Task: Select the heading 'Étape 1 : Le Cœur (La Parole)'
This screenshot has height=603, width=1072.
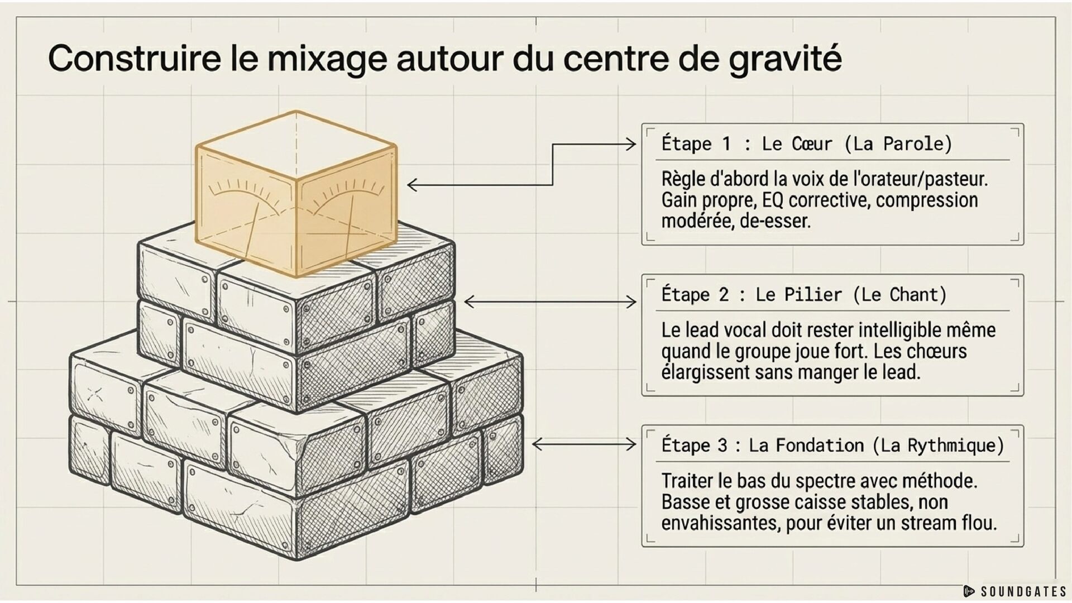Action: pos(806,143)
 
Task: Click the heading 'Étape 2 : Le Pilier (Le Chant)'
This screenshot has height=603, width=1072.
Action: pos(804,294)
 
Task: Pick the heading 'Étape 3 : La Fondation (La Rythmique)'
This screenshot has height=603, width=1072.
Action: pos(832,445)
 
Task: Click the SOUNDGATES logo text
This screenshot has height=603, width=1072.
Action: pos(1023,591)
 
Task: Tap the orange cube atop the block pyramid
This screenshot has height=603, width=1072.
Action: pos(296,194)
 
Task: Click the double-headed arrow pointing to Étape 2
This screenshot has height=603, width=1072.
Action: pos(550,302)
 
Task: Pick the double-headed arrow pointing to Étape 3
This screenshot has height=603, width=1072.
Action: pos(584,444)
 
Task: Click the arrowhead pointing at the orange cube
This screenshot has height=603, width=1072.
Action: pos(413,185)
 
